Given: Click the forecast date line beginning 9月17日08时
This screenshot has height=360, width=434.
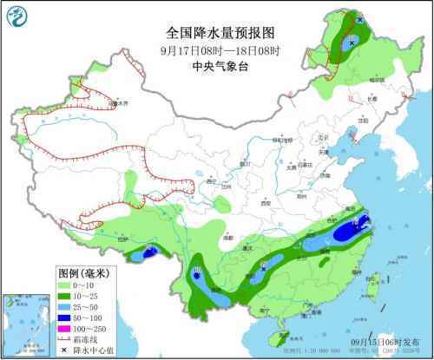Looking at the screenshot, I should pyautogui.click(x=217, y=49).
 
